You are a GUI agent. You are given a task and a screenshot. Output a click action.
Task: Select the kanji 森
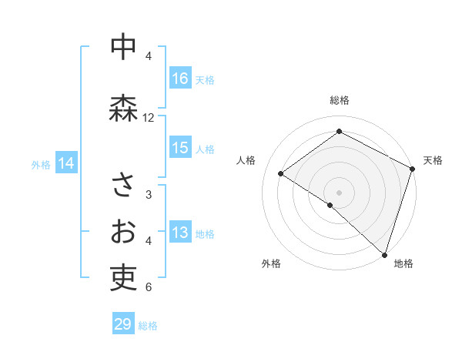pos(123,108)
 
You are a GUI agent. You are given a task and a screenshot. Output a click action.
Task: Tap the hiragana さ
pos(123,185)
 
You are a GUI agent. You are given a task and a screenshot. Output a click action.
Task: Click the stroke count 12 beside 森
pos(149,118)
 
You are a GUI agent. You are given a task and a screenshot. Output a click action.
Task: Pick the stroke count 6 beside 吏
pos(149,287)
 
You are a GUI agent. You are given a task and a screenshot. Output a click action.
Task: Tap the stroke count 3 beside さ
pos(149,195)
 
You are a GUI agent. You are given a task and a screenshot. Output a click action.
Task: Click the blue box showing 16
pos(180,79)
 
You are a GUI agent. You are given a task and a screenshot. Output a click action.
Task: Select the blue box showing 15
pos(180,148)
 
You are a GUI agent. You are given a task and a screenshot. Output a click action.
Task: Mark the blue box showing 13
pos(180,233)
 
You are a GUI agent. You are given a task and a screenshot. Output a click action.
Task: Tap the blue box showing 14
pos(66,163)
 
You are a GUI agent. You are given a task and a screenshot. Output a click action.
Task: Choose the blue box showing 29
pos(123,324)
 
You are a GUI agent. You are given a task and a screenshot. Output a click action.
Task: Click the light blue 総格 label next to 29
pos(149,326)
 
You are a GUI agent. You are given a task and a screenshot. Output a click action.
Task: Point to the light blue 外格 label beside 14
pos(41,164)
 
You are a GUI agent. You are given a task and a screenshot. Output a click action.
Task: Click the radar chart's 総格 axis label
pos(340,100)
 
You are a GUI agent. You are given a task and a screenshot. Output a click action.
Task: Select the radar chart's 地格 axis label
pos(403,263)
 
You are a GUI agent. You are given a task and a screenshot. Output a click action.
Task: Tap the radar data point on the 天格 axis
pos(413,169)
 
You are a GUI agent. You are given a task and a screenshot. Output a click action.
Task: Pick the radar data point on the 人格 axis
pos(281,174)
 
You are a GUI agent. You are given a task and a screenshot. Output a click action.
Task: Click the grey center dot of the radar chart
pos(339,191)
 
